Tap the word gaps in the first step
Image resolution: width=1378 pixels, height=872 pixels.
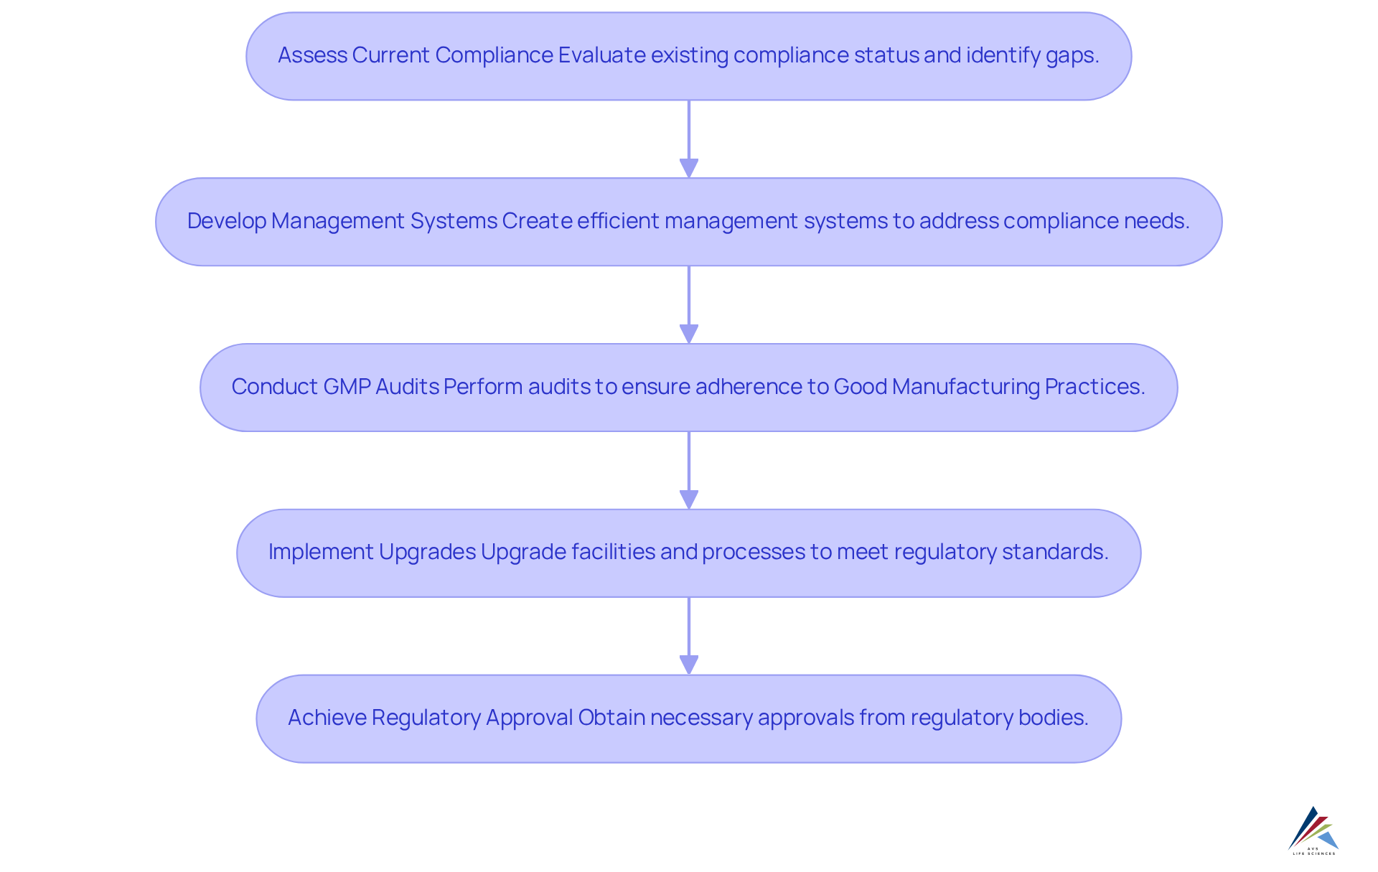(x=1072, y=55)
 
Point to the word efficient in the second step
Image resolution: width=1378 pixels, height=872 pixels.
(x=618, y=221)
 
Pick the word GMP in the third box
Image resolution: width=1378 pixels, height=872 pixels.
(x=347, y=387)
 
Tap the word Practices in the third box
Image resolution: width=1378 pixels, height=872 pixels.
(x=1095, y=387)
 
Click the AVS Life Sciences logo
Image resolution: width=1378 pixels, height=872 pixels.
(x=1313, y=830)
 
